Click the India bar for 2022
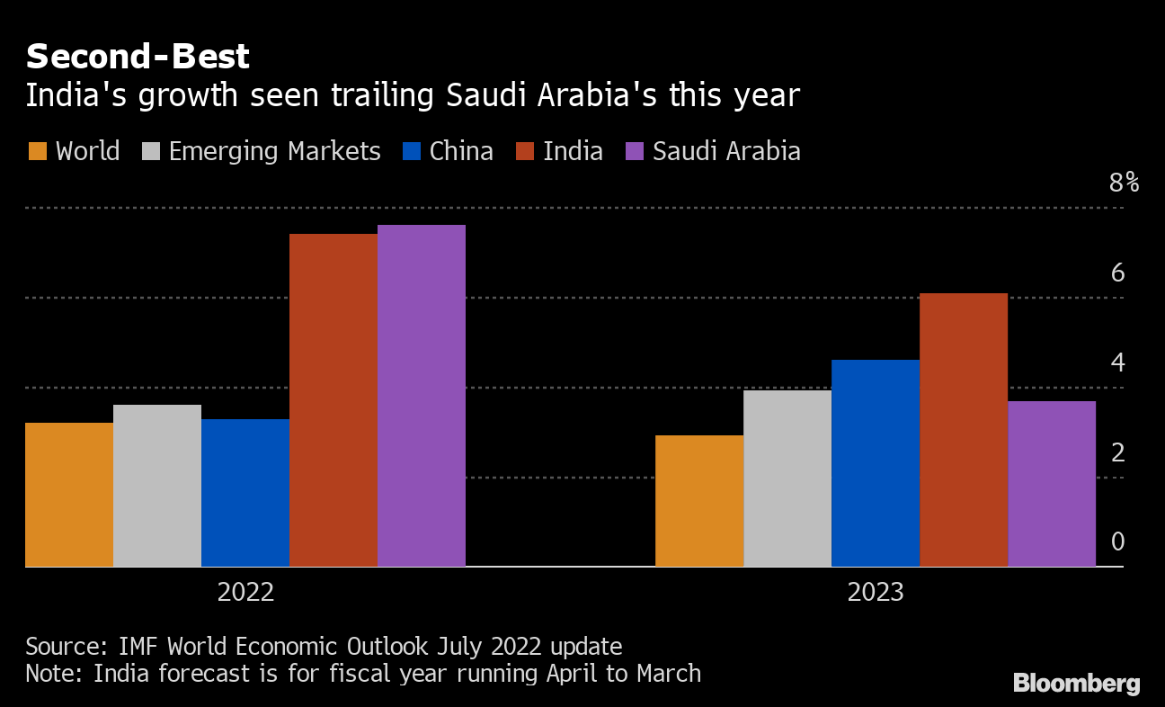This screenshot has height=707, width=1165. pyautogui.click(x=333, y=400)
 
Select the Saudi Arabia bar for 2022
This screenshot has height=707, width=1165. pyautogui.click(x=421, y=396)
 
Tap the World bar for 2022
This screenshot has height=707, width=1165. pyautogui.click(x=69, y=495)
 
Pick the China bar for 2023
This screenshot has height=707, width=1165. pyautogui.click(x=876, y=463)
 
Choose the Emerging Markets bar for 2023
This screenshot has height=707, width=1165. pyautogui.click(x=787, y=479)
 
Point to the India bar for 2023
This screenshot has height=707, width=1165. pyautogui.click(x=964, y=430)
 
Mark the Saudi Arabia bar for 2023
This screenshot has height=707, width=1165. pyautogui.click(x=1052, y=484)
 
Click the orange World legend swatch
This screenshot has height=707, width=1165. pyautogui.click(x=37, y=151)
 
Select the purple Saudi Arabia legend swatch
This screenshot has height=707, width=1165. pyautogui.click(x=635, y=151)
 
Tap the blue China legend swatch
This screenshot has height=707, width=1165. pyautogui.click(x=412, y=151)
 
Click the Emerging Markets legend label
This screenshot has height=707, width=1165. pyautogui.click(x=274, y=151)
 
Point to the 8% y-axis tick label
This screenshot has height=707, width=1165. pyautogui.click(x=1124, y=183)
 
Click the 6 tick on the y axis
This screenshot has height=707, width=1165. pyautogui.click(x=1117, y=273)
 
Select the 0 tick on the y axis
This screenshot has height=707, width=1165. pyautogui.click(x=1117, y=541)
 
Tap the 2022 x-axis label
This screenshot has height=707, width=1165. pyautogui.click(x=245, y=593)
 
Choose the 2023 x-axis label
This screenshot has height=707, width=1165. pyautogui.click(x=875, y=593)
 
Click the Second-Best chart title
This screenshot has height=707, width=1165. pyautogui.click(x=138, y=57)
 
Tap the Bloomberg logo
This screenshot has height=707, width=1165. pyautogui.click(x=1076, y=684)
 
